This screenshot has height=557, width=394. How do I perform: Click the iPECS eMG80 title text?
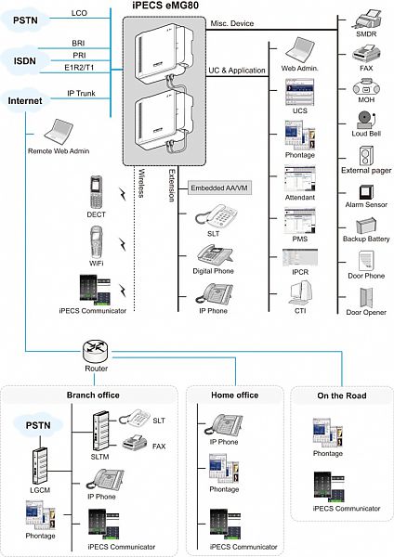165,6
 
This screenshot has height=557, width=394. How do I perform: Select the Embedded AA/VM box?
219,188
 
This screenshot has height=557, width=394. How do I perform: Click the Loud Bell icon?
365,120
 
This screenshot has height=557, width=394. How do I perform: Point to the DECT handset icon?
96,192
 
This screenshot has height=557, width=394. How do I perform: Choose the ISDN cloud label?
25,61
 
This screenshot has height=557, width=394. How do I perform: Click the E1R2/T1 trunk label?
79,68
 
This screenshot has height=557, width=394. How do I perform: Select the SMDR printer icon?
366,19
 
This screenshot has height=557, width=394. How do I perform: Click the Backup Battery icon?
366,226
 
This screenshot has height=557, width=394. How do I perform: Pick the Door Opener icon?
366,297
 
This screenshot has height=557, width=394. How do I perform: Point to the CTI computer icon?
300,292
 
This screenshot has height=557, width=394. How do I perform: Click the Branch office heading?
93,395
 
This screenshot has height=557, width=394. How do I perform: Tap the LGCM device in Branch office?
40,466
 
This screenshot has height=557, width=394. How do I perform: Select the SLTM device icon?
100,431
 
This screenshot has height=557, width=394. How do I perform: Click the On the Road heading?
342,395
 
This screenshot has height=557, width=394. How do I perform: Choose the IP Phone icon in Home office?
224,425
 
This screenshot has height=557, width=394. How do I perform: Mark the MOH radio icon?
366,86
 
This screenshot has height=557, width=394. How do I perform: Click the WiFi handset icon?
96,242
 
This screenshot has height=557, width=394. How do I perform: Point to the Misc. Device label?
232,23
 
